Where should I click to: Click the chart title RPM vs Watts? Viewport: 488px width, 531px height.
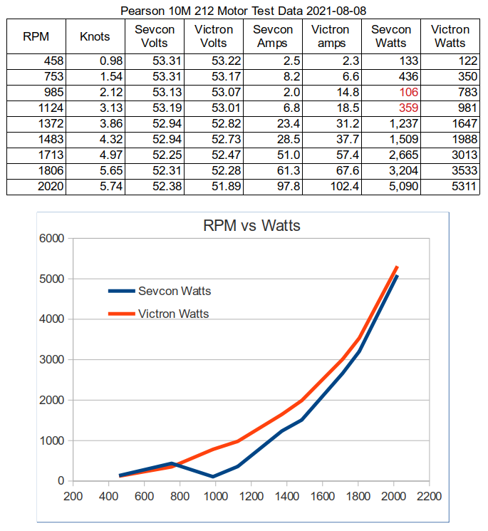252,226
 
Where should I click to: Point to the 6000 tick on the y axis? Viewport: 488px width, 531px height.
54,238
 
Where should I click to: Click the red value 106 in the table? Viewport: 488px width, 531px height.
407,92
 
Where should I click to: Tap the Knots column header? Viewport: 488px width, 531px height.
95,36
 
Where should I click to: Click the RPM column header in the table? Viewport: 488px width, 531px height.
36,36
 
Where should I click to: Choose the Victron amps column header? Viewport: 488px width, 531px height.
331,36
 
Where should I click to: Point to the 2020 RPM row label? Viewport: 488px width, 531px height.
50,186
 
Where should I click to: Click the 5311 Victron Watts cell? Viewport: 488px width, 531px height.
455,186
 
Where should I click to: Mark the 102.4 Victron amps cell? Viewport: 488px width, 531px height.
338,186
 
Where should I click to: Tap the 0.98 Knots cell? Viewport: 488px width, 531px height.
104,61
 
